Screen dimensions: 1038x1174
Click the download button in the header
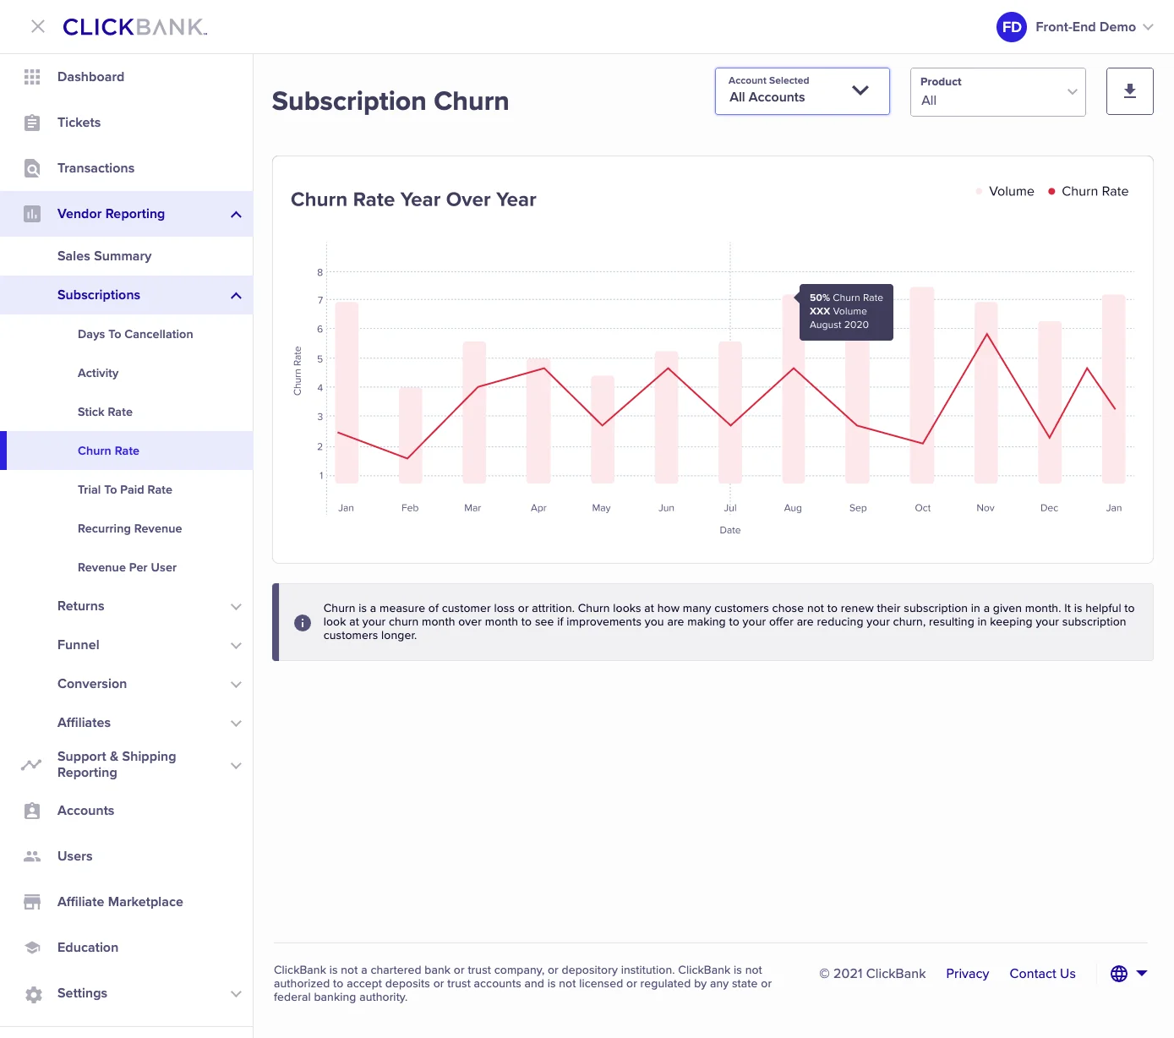click(1129, 91)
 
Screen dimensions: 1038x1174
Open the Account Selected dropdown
click(801, 91)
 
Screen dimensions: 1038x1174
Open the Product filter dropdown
click(997, 92)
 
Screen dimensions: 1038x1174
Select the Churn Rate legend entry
click(1088, 191)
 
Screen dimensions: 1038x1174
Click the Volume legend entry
click(1005, 191)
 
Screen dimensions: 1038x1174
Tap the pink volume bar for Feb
click(410, 435)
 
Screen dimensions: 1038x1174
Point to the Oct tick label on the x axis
click(922, 508)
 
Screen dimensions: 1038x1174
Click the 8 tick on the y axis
click(319, 272)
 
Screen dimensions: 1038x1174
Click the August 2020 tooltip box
click(845, 312)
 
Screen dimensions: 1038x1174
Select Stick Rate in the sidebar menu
click(105, 412)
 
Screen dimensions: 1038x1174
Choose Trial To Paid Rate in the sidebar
click(125, 489)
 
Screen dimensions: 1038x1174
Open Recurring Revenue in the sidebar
click(129, 528)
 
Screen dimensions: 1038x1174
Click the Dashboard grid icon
click(32, 77)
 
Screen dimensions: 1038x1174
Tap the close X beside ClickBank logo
click(38, 27)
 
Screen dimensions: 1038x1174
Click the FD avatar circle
click(1011, 27)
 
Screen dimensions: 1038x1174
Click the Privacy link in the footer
click(967, 974)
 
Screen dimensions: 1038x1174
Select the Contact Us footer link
click(1042, 974)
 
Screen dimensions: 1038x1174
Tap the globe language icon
click(1118, 974)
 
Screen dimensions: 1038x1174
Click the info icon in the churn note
click(302, 623)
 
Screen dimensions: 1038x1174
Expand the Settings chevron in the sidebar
click(236, 994)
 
